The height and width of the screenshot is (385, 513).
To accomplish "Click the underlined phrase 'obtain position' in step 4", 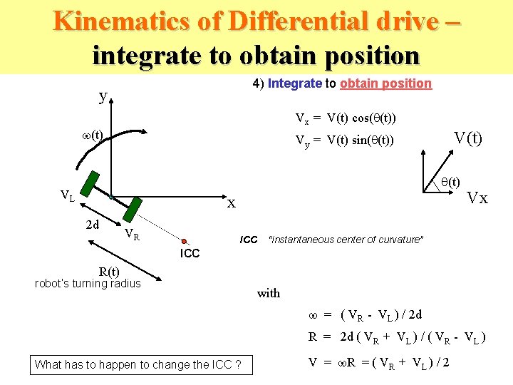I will point(385,83).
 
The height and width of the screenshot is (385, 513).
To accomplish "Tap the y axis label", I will point(103,96).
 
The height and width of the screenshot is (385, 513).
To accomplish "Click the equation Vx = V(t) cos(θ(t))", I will point(346,118).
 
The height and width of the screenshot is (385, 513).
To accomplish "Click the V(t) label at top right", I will point(468,138).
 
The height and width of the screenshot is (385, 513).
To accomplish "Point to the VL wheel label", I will point(69,195).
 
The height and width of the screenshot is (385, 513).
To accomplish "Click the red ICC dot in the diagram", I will point(184,242).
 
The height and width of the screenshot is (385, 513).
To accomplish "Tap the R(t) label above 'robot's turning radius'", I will point(109,272).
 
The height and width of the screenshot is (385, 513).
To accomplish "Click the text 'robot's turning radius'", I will point(88,284).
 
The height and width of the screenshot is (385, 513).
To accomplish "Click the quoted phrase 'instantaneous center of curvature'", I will point(346,240).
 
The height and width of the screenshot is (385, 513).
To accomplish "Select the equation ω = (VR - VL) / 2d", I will point(365,314).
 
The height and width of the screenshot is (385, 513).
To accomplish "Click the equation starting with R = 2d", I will point(396,338).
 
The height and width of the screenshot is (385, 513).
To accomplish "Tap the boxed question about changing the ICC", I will point(138,364).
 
